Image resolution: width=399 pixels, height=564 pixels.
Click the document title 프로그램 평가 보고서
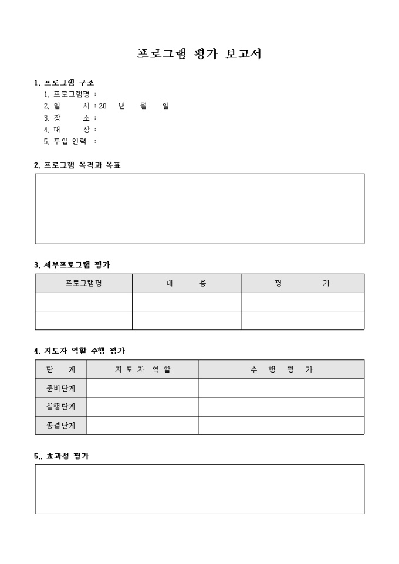pyautogui.click(x=199, y=54)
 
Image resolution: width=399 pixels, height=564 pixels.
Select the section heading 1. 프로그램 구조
pyautogui.click(x=64, y=83)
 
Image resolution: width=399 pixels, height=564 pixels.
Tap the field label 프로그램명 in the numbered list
pyautogui.click(x=72, y=94)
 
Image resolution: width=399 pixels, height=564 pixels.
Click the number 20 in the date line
pyautogui.click(x=103, y=106)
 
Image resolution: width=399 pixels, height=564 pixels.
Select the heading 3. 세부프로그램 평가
pyautogui.click(x=72, y=265)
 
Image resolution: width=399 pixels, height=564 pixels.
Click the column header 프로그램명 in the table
pyautogui.click(x=83, y=283)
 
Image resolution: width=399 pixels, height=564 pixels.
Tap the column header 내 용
pyautogui.click(x=186, y=283)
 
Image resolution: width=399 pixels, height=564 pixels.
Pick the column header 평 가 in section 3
pyautogui.click(x=302, y=283)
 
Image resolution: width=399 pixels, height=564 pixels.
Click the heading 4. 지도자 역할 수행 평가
pyautogui.click(x=79, y=351)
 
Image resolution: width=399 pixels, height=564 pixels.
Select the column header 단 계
pyautogui.click(x=60, y=369)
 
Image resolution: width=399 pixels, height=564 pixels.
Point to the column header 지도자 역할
pyautogui.click(x=143, y=369)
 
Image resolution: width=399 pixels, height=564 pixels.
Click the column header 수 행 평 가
pyautogui.click(x=281, y=369)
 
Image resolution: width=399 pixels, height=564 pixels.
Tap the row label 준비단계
pyautogui.click(x=60, y=388)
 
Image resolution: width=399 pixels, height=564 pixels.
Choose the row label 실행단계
pyautogui.click(x=60, y=407)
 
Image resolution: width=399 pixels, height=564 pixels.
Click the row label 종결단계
pyautogui.click(x=60, y=426)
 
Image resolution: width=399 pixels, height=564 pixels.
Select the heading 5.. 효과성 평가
pyautogui.click(x=62, y=456)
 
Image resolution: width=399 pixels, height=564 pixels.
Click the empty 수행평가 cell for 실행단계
pyautogui.click(x=281, y=407)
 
